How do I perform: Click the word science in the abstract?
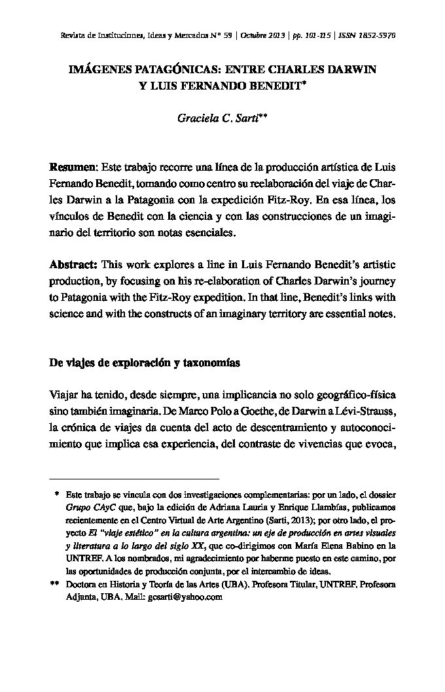[67, 313]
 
